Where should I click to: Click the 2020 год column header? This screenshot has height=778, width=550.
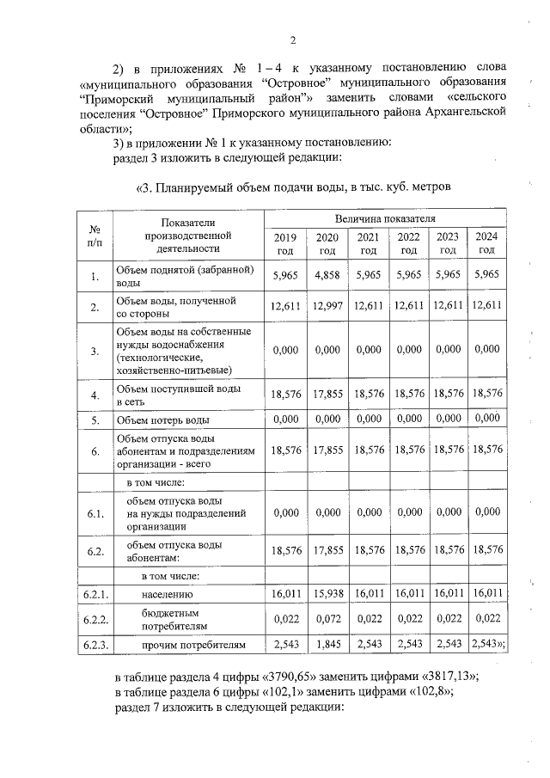[x=327, y=243]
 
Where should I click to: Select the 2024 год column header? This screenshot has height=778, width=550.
[x=486, y=243]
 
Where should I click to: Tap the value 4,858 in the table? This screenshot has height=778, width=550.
[x=327, y=275]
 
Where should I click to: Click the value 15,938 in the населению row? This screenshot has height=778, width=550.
[x=327, y=593]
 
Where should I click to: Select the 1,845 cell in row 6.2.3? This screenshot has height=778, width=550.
[x=327, y=643]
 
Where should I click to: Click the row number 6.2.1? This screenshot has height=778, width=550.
[x=95, y=594]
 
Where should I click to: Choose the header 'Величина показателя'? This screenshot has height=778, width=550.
[x=386, y=219]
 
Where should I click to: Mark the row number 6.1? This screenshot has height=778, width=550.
[x=95, y=514]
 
